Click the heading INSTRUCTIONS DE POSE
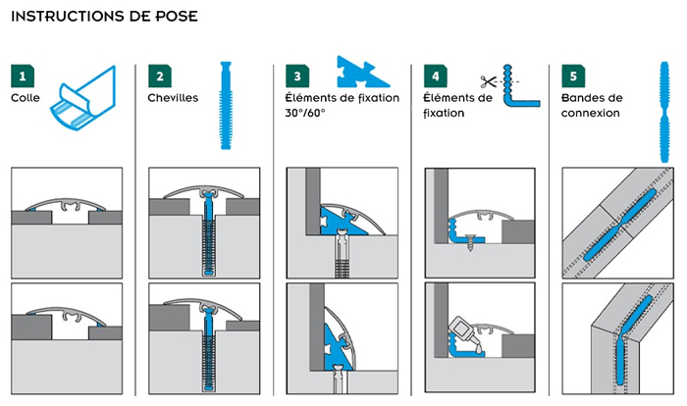(x=104, y=17)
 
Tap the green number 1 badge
(x=23, y=76)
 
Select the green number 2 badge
(x=160, y=76)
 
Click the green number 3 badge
(x=297, y=76)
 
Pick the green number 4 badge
(x=436, y=76)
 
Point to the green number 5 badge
(x=573, y=76)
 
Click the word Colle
(x=26, y=98)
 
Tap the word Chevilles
(x=173, y=98)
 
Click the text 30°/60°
(x=305, y=113)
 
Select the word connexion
(x=591, y=113)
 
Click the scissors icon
(x=488, y=81)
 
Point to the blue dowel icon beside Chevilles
(x=226, y=106)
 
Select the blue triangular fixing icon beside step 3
(x=362, y=72)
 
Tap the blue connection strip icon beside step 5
(x=664, y=112)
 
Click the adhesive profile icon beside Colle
(x=83, y=98)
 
